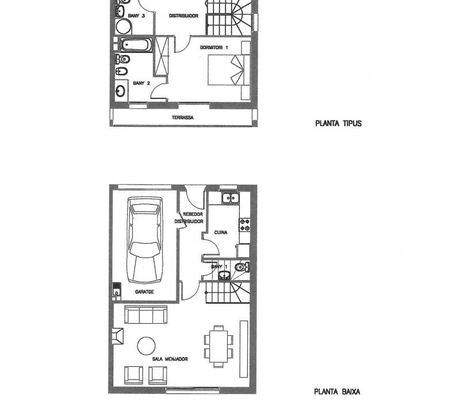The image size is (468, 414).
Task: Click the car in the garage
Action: [145, 240]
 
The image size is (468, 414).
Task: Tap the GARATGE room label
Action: [144, 292]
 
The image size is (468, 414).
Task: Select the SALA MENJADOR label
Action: [170, 359]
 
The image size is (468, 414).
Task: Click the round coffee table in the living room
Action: [146, 346]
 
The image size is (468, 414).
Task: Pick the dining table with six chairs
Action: [219, 346]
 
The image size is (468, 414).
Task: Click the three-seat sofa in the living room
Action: [145, 315]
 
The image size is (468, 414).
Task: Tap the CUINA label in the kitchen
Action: [221, 232]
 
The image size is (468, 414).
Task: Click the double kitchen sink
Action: [231, 198]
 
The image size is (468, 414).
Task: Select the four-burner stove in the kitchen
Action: [245, 225]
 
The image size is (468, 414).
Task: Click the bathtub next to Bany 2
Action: [136, 45]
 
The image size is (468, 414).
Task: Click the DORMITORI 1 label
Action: [214, 48]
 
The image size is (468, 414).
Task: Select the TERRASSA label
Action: [183, 118]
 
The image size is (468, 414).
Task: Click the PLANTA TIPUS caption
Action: [339, 124]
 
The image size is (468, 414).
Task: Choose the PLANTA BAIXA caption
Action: [337, 392]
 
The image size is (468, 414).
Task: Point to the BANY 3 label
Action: [136, 16]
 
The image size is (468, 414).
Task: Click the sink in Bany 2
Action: [121, 91]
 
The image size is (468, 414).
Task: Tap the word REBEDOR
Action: [193, 214]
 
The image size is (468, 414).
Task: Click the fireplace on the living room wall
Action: [118, 336]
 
